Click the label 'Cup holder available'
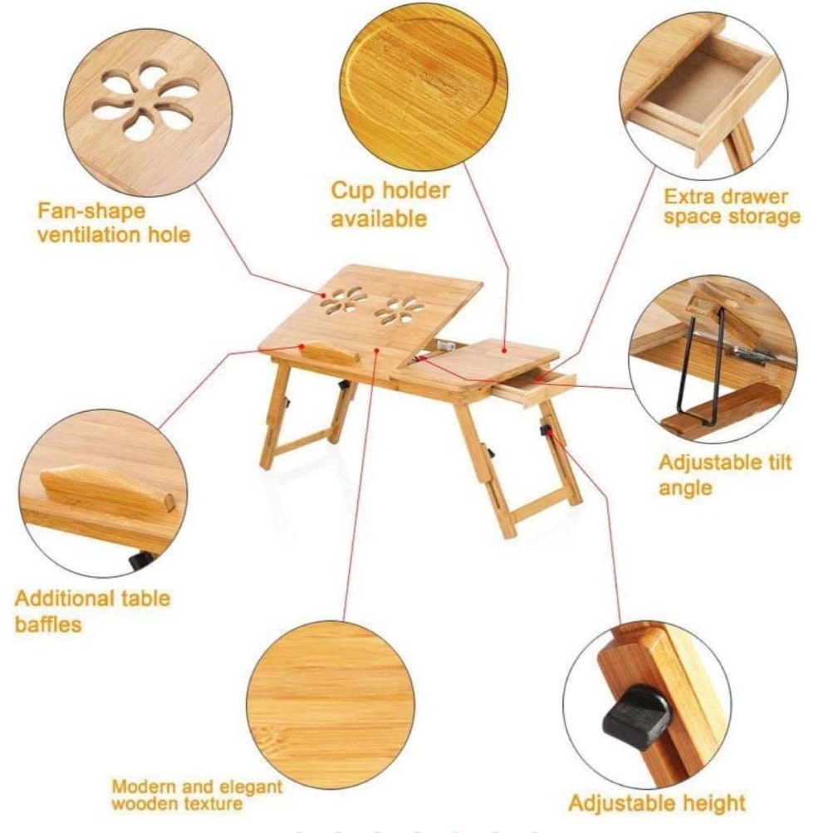390,204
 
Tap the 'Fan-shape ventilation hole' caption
114,223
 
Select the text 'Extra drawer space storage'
732,207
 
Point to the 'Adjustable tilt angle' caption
725,474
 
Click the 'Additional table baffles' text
92,611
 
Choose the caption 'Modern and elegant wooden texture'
197,794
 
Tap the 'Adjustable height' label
657,803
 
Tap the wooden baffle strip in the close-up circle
107,488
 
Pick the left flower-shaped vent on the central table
344,301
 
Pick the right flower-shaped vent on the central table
399,311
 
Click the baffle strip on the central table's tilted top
330,352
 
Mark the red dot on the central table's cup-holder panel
503,350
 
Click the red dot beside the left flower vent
322,294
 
